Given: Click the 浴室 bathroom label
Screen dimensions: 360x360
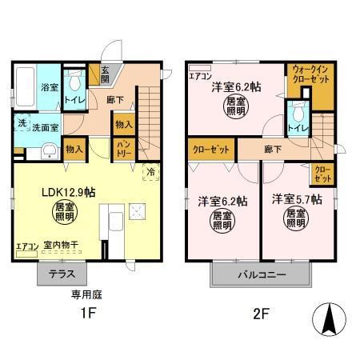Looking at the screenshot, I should coord(49,87).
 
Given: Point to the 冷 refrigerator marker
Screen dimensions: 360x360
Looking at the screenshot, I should coord(149,170).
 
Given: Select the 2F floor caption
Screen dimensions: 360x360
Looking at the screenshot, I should coord(264,314).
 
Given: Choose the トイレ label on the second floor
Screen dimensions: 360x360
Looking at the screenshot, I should coord(298,126).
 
